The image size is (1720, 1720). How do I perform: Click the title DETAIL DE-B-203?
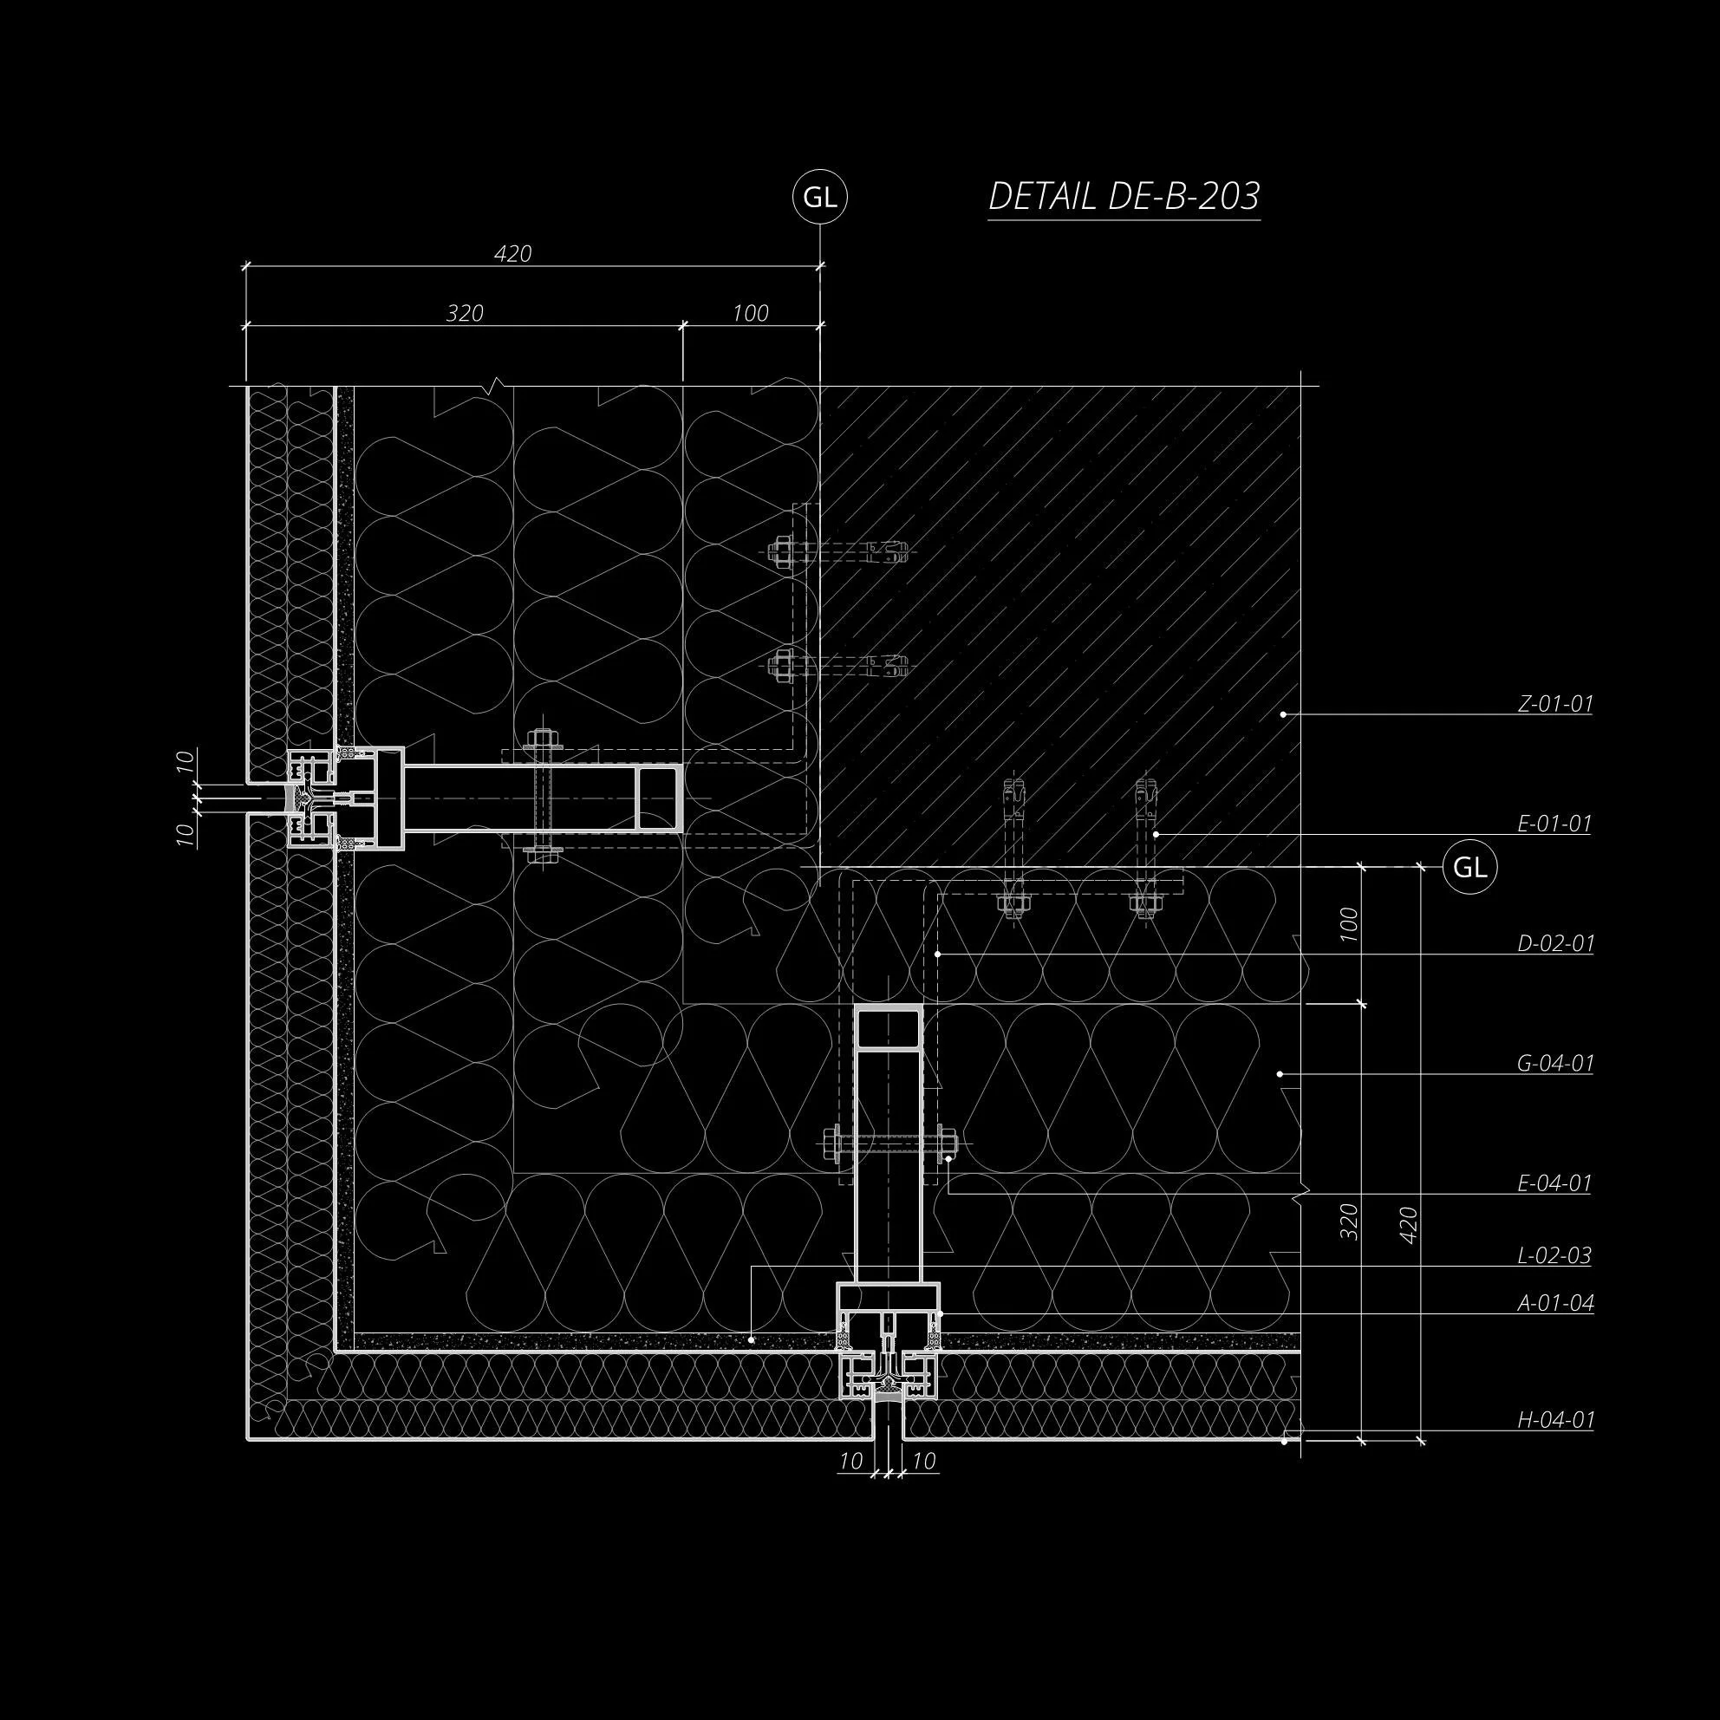point(1124,197)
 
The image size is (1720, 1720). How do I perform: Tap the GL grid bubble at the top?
point(819,198)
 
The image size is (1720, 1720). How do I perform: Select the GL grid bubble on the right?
point(1469,867)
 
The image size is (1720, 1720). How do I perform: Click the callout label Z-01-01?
point(1554,704)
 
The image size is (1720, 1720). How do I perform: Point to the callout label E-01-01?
point(1554,824)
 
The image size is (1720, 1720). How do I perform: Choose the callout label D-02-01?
point(1554,944)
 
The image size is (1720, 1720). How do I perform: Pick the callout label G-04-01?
point(1554,1063)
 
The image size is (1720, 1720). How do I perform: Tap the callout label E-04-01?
point(1554,1183)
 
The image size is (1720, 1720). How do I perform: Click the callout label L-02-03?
point(1554,1255)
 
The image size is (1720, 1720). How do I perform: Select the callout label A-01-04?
point(1554,1303)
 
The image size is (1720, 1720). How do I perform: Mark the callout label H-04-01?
point(1554,1420)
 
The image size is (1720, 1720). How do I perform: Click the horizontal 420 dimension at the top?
point(513,255)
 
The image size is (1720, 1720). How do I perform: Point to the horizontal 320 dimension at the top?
point(465,313)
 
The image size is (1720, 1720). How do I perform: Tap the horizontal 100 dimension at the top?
point(751,313)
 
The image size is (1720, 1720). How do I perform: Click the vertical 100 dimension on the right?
point(1350,926)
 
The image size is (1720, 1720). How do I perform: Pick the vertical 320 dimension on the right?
point(1350,1222)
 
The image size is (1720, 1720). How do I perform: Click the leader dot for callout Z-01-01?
point(1283,714)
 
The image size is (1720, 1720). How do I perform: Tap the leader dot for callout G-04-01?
point(1283,1074)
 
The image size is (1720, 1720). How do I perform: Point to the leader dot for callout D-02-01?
point(938,954)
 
